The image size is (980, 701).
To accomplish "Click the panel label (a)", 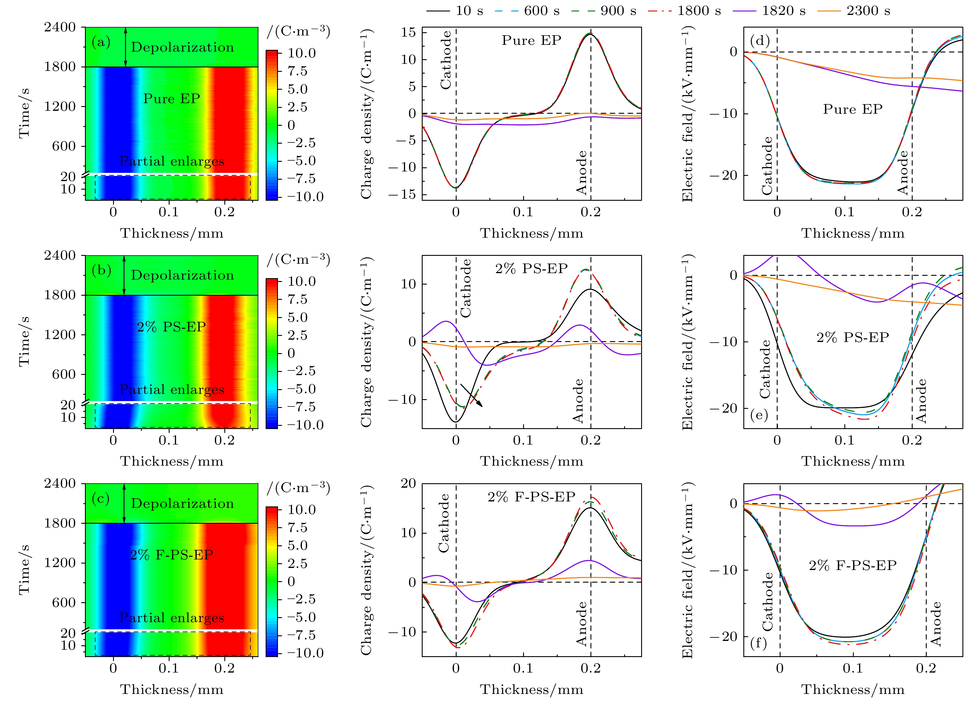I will [x=101, y=42].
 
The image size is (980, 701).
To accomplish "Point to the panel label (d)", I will [x=760, y=40].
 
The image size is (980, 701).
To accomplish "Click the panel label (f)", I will [x=759, y=643].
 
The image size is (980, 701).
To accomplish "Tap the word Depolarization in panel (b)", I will [x=182, y=275].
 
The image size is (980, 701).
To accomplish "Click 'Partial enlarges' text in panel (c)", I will [x=172, y=618].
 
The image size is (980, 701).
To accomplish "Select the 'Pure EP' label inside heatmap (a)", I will [x=172, y=99].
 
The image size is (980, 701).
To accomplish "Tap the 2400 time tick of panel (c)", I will [x=60, y=484].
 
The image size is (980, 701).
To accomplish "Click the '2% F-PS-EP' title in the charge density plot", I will [x=531, y=497].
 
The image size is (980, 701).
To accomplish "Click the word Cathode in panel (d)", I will [x=766, y=166].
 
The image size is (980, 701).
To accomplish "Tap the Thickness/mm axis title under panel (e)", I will [x=853, y=462].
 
